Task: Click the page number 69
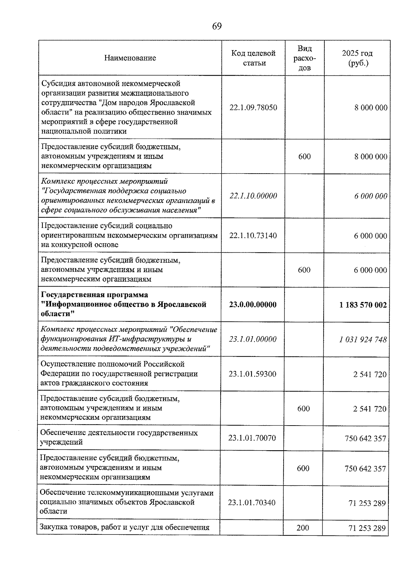click(217, 26)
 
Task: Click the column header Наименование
click(130, 58)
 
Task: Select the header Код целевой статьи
click(253, 58)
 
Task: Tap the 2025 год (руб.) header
click(357, 58)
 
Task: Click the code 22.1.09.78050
click(253, 108)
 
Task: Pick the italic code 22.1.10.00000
click(253, 196)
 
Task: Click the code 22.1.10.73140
click(253, 236)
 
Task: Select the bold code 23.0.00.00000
click(253, 305)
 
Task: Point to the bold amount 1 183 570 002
click(363, 305)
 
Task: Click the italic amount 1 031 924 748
click(363, 339)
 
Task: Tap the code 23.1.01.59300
click(252, 374)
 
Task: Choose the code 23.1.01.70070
click(252, 438)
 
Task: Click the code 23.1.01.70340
click(252, 503)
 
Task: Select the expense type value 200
click(303, 528)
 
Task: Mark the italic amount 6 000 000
click(371, 196)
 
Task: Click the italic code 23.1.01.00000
click(253, 339)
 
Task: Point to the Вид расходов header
click(304, 58)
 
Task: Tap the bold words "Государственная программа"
click(95, 295)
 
